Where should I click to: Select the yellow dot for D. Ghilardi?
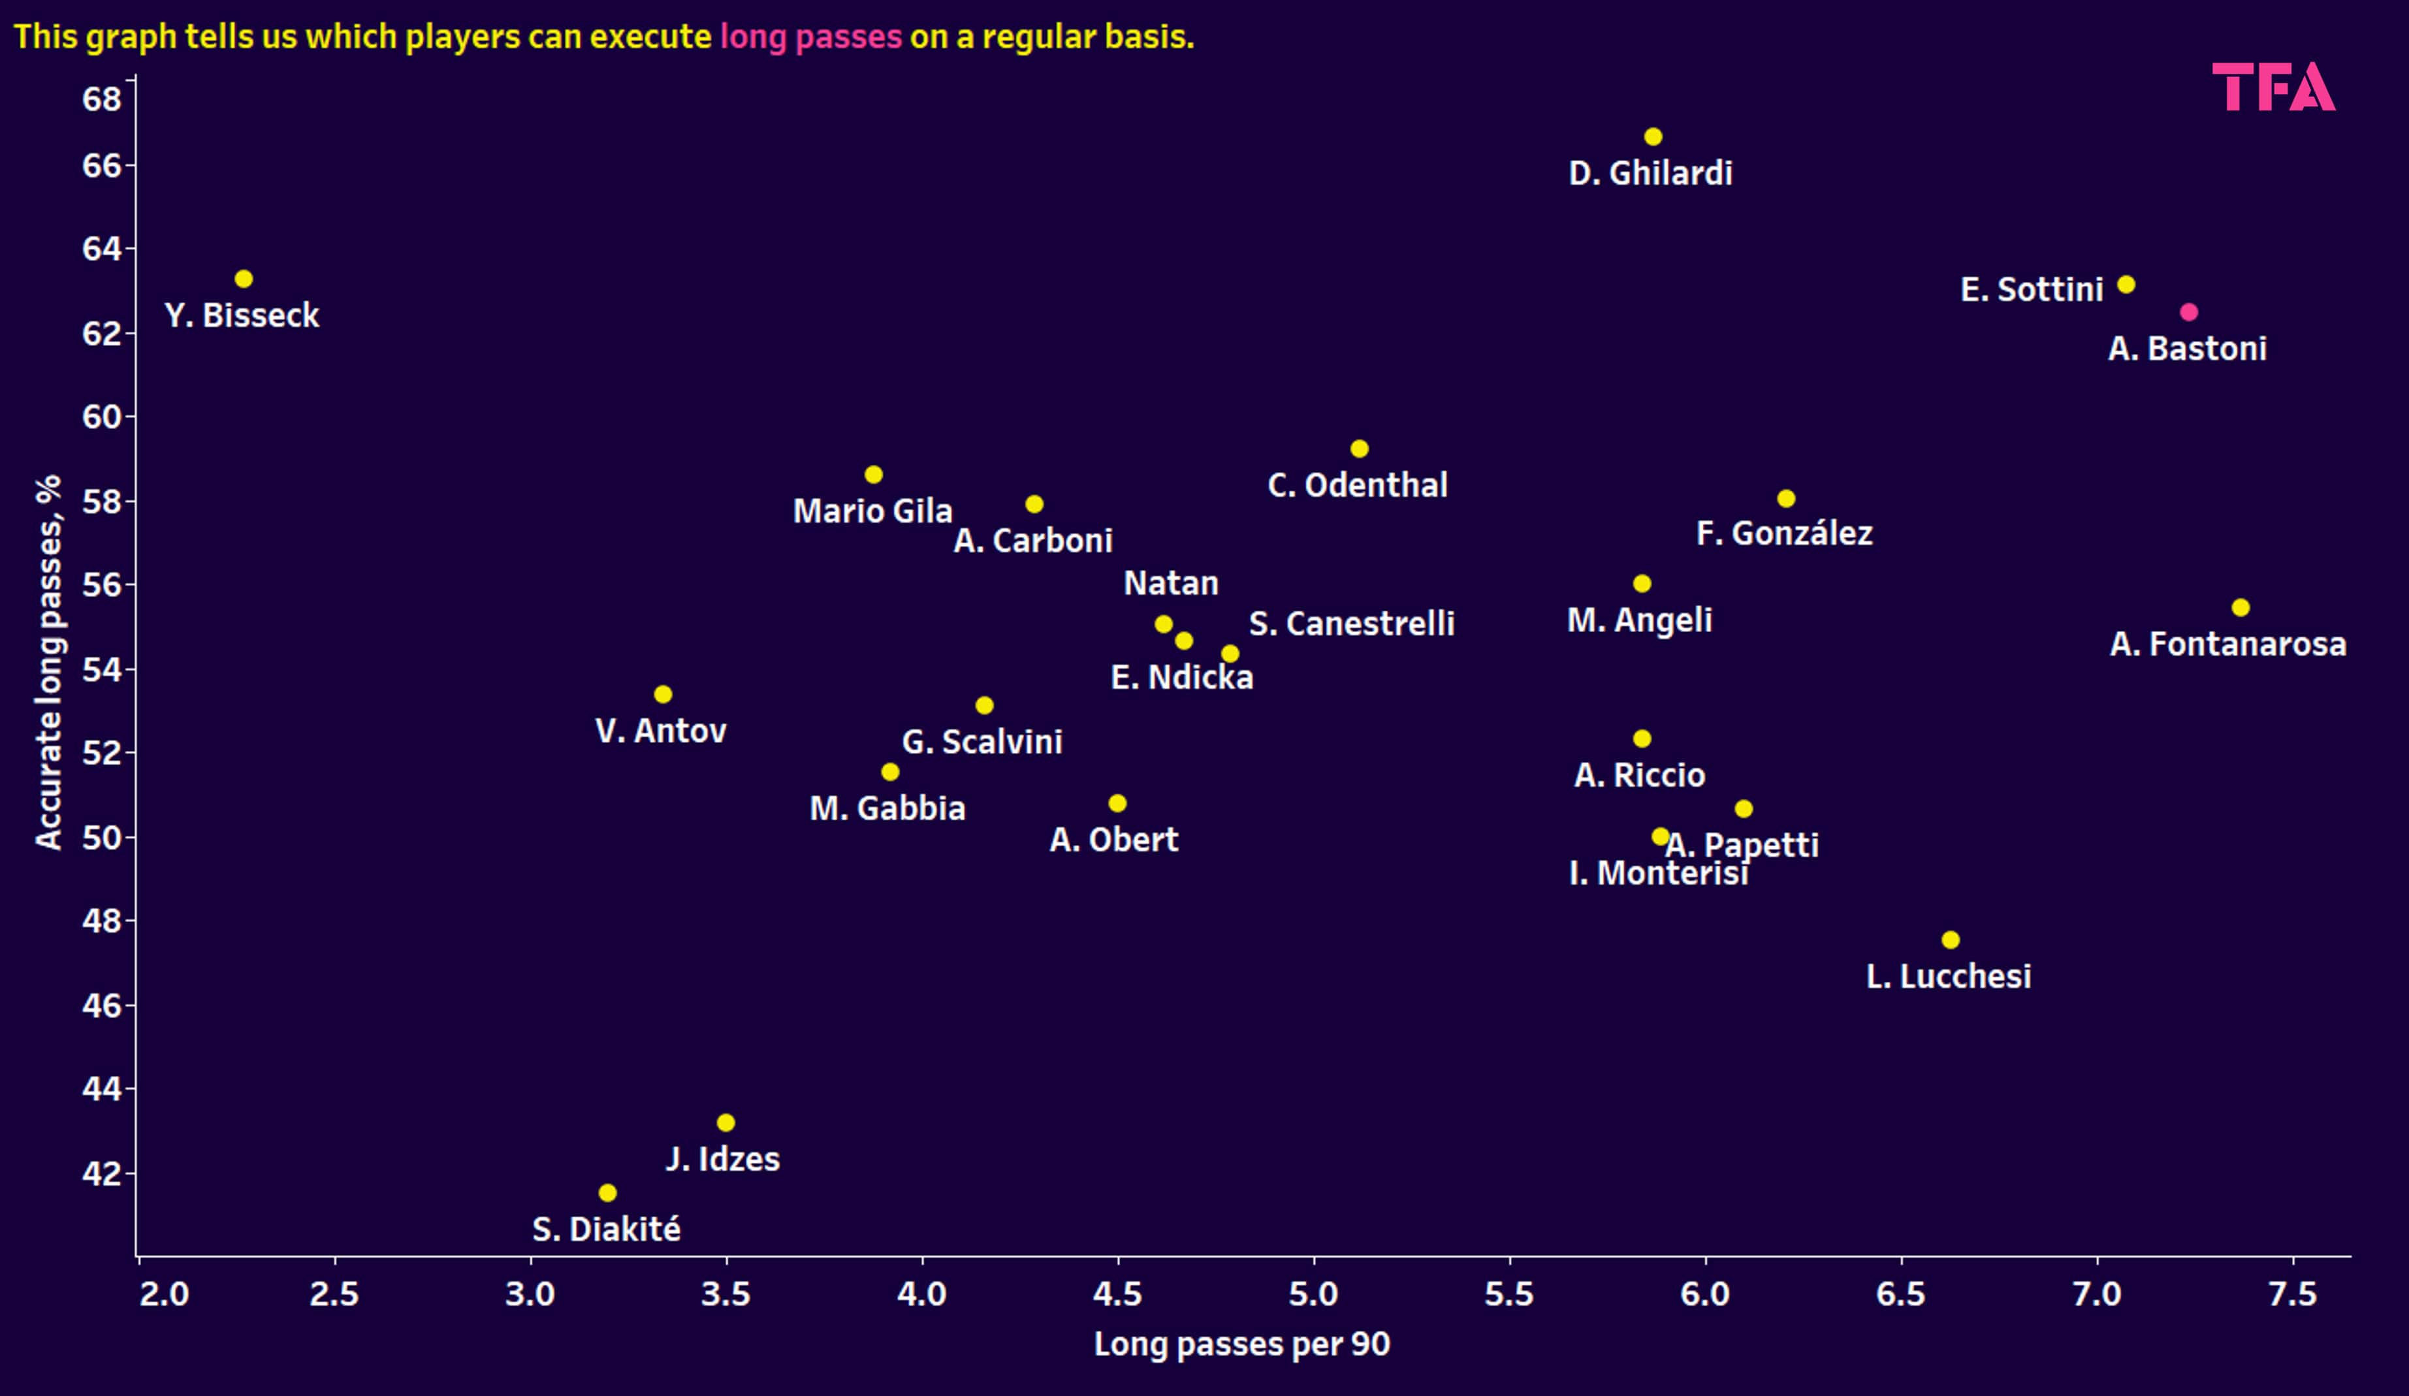1653,136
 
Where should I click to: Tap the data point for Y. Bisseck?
244,278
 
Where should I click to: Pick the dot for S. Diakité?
607,1192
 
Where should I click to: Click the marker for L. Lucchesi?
1950,940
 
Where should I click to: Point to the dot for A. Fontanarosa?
2240,607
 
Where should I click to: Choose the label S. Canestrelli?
1350,624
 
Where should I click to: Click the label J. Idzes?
723,1159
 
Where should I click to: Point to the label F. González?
1784,533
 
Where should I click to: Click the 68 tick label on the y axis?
103,99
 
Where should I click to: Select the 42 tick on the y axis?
103,1173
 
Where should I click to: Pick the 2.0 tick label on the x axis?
165,1295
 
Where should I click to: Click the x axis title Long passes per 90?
1242,1344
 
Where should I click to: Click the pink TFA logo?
2273,87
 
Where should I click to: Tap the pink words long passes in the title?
810,37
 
